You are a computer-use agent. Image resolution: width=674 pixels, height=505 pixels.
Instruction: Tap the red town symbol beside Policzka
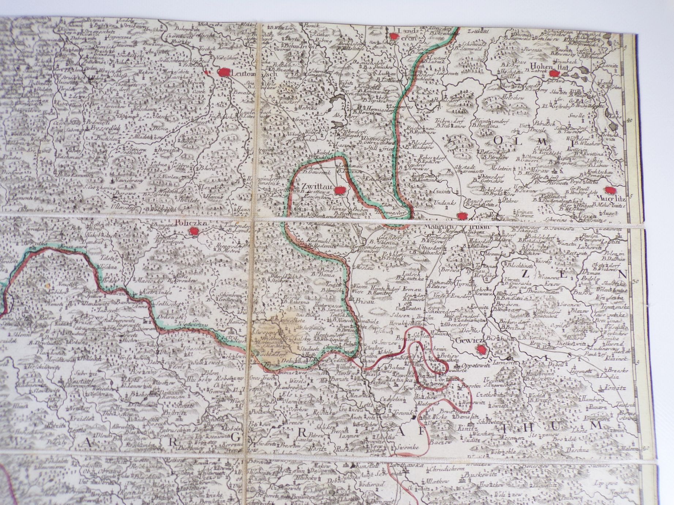(x=193, y=231)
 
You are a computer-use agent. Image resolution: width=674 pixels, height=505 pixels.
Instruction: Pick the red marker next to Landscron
(x=394, y=36)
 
